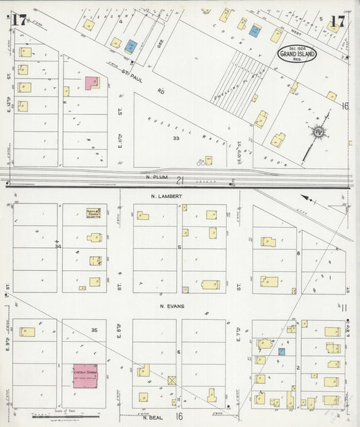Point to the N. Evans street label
[x=173, y=306]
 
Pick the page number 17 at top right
[x=338, y=20]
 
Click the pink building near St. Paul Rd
[x=92, y=82]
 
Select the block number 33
[x=176, y=139]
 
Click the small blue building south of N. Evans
[x=282, y=351]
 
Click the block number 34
[x=57, y=247]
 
